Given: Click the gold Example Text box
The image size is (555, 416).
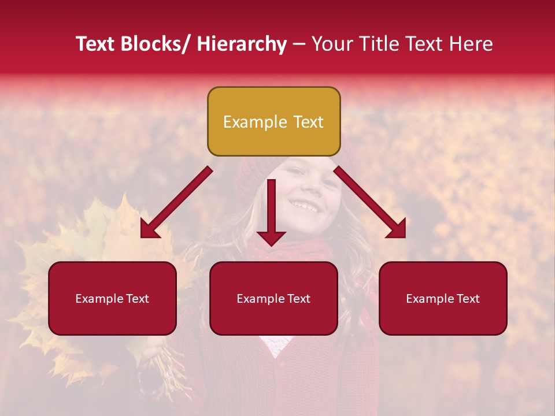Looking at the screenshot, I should click(273, 121).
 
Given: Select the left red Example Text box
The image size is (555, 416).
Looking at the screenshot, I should click(112, 298).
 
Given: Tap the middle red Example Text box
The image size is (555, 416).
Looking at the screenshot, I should click(273, 298).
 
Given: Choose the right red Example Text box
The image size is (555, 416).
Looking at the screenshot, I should click(443, 298).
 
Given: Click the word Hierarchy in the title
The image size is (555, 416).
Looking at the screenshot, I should click(242, 44).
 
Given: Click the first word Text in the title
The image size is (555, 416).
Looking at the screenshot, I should click(96, 44).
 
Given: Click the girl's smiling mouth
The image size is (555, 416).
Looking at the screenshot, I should click(305, 205).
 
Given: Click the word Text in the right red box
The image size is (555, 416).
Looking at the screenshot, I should click(468, 299).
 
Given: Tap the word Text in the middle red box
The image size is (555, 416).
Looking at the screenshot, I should click(298, 299).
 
